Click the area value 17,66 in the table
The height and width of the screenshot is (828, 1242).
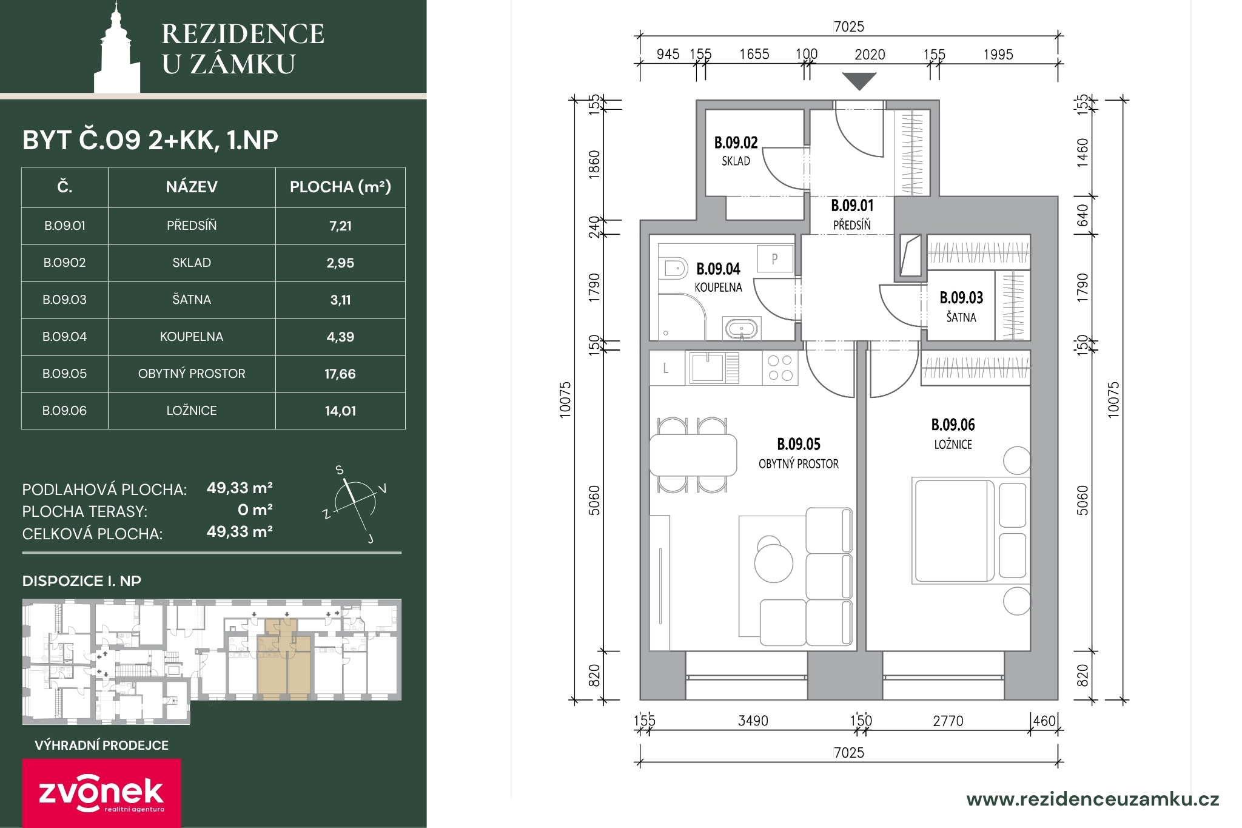340,374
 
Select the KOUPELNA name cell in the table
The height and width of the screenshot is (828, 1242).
192,337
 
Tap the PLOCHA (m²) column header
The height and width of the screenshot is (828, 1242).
340,187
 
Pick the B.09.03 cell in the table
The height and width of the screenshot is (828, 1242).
65,300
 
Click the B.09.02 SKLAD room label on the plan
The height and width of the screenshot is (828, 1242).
736,151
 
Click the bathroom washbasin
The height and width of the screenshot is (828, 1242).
740,329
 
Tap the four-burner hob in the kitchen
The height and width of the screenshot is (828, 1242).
780,368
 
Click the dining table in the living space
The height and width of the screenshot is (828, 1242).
693,455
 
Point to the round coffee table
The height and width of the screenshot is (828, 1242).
773,562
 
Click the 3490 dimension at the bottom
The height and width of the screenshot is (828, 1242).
753,721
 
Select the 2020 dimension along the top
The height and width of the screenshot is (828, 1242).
870,55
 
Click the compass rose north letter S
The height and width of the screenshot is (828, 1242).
340,470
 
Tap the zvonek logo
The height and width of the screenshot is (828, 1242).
102,793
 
